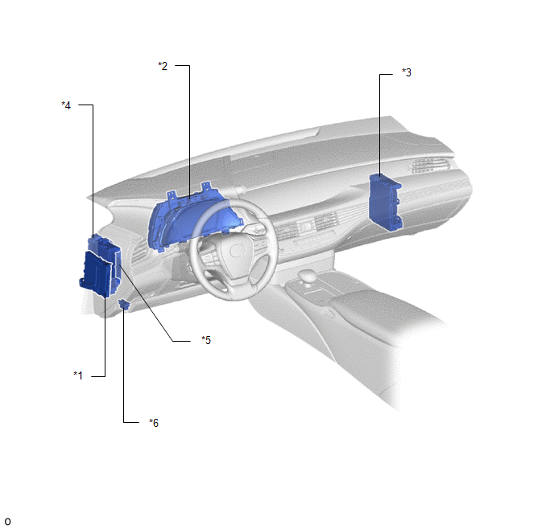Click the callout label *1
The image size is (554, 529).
[x=78, y=375]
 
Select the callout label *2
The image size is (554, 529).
[x=163, y=66]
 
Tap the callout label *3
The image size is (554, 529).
[x=407, y=72]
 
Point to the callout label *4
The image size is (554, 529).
[x=66, y=105]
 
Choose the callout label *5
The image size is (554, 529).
[x=206, y=340]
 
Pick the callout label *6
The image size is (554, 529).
[x=154, y=423]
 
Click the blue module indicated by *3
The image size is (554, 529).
[x=385, y=203]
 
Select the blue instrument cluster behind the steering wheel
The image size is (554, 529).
[x=191, y=219]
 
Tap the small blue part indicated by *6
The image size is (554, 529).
[x=124, y=303]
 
